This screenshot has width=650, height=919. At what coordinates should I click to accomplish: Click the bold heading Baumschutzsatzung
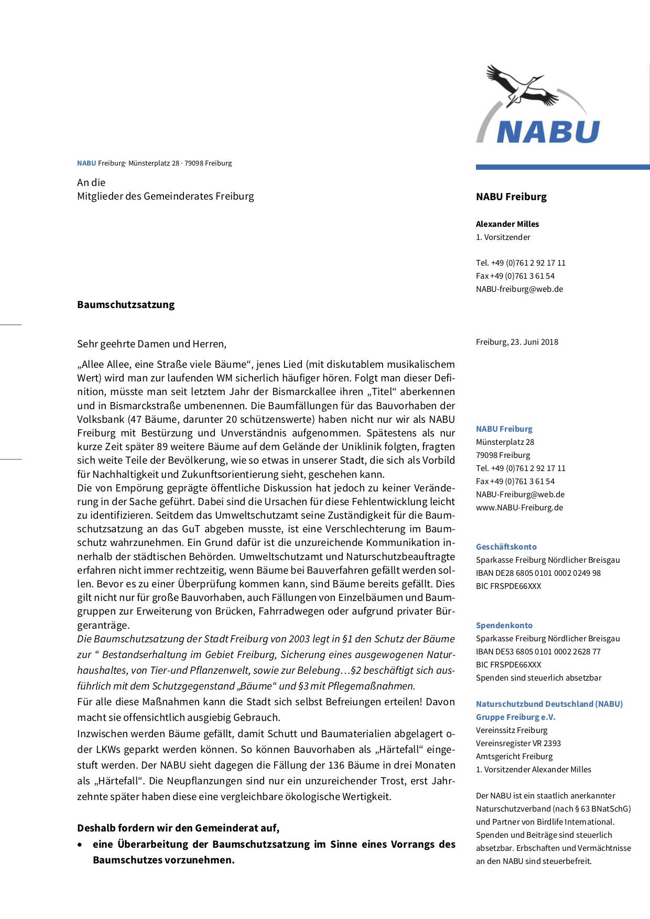click(x=126, y=305)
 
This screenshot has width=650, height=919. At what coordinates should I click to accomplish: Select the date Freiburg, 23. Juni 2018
click(x=517, y=342)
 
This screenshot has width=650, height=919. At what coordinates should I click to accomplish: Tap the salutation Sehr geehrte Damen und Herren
click(x=151, y=344)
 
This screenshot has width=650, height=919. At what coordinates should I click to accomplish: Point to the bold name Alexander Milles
click(x=507, y=224)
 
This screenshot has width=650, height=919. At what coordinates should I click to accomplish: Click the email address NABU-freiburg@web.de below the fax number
click(x=519, y=289)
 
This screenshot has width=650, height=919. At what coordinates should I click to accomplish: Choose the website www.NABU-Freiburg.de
click(x=519, y=508)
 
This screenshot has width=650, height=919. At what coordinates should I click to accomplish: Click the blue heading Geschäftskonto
click(x=506, y=547)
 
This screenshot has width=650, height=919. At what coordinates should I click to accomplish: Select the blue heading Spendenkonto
click(x=504, y=626)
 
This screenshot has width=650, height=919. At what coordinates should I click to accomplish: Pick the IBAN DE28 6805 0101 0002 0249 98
click(x=538, y=573)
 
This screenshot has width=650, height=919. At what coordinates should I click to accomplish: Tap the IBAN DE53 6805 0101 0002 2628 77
click(x=538, y=652)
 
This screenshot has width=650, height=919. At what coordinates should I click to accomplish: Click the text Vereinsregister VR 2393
click(x=518, y=743)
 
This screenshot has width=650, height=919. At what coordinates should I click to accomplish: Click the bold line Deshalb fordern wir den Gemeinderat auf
click(x=178, y=828)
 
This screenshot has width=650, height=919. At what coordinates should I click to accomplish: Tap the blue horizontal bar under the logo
click(x=562, y=167)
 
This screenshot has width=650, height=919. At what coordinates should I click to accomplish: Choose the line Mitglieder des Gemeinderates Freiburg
click(x=165, y=196)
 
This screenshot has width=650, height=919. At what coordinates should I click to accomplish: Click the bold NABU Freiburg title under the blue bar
click(x=511, y=197)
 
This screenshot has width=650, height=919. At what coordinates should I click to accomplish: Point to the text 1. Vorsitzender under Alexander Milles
click(x=503, y=237)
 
